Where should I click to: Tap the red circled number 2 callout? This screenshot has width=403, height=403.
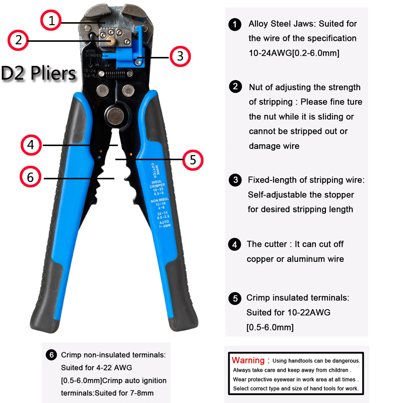[19, 40]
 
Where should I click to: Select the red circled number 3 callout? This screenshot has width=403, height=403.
[180, 55]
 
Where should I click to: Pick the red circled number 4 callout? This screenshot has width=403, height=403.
[31, 145]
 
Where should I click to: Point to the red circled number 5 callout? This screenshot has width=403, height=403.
[192, 160]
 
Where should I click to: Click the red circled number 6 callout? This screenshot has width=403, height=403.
[31, 177]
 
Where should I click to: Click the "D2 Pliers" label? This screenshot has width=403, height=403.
[38, 74]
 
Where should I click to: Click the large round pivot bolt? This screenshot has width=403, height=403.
[114, 115]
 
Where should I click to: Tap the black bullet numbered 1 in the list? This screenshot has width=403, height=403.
[235, 24]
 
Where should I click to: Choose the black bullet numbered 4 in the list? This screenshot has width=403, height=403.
[235, 245]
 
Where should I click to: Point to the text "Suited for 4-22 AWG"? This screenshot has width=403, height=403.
[96, 368]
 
